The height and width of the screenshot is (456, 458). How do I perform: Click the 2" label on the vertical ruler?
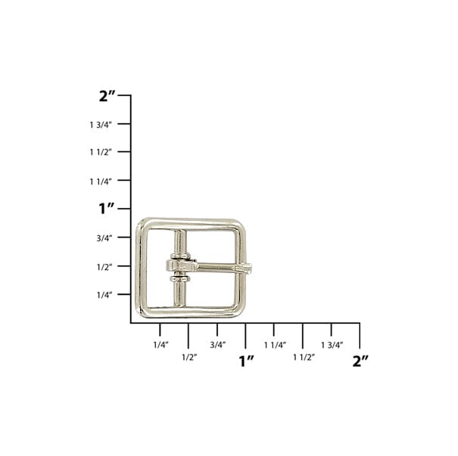[108, 96]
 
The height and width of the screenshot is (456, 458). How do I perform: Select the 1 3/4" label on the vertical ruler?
[100, 124]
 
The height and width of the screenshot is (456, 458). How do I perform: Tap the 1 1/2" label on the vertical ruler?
[100, 152]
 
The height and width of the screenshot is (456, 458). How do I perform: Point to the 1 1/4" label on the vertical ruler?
[100, 181]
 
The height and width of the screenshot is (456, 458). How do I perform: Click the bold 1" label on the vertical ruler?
[107, 208]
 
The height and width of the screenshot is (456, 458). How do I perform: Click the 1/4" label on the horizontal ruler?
[160, 345]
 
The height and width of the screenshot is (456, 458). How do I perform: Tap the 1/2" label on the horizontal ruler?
[188, 357]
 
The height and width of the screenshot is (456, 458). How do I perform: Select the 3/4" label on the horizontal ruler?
[218, 345]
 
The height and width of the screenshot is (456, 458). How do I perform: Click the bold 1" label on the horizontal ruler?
[246, 361]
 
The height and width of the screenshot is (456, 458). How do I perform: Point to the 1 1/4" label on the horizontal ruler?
[275, 345]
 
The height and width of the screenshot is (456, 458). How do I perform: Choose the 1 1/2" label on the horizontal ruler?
[304, 357]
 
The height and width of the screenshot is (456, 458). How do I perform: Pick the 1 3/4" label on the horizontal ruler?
[332, 345]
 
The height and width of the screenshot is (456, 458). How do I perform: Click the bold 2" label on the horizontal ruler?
[360, 361]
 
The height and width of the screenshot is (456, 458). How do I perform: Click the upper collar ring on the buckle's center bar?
[179, 257]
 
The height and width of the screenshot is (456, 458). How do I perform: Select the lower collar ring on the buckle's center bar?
[179, 279]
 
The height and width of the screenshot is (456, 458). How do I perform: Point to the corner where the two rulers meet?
[131, 323]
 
